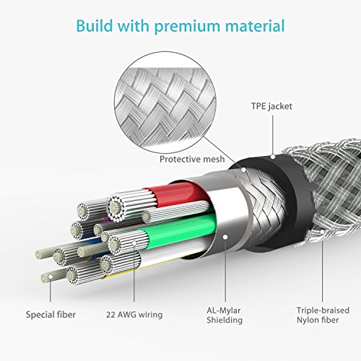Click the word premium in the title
pos(187,27)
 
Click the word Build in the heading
pos(95,25)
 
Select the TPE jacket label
pos(271,106)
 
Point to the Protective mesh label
pos(192,159)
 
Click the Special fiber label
pos(51,315)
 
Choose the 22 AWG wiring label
pos(134,315)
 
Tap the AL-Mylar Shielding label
pos(225,316)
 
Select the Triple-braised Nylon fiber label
pos(323,315)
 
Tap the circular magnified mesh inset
pos(165,103)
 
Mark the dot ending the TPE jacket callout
pos(273,157)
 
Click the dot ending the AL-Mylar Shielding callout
pos(225,237)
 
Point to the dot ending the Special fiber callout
pos(51,277)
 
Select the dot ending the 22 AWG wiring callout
pos(134,243)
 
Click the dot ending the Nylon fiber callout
pos(322,232)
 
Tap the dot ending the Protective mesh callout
pos(243,170)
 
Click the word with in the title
pos(134,25)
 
